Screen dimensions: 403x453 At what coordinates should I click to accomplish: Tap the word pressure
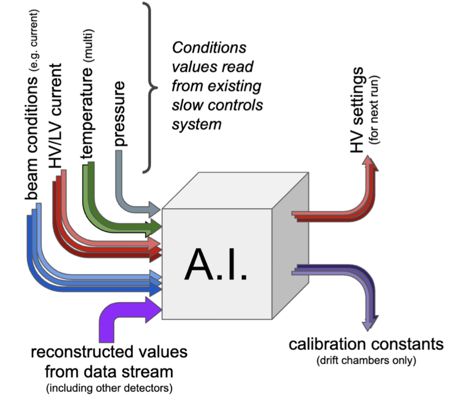pos(119,113)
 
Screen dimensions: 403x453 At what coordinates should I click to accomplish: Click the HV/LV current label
pos(56,116)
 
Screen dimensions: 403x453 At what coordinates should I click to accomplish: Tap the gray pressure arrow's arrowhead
pos(154,209)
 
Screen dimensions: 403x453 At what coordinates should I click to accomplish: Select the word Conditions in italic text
pos(209,48)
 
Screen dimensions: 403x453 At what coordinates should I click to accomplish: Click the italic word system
pos(196,124)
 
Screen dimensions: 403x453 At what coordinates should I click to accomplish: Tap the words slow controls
pos(217,105)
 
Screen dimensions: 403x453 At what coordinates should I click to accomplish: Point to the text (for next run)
pos(374,110)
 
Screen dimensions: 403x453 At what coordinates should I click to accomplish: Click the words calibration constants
pos(366,344)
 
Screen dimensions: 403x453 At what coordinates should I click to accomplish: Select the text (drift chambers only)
pos(366,360)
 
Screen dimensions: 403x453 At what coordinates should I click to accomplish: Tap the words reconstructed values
pos(109,352)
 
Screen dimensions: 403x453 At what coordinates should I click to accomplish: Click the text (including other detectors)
pos(109,388)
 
